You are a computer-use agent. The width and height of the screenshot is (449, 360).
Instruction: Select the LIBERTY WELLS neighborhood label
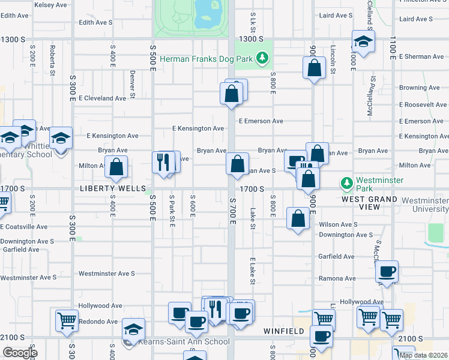[107, 188]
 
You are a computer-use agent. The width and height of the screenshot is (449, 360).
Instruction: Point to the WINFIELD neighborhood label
[284, 331]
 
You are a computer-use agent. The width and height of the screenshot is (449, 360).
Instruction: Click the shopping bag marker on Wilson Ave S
[298, 218]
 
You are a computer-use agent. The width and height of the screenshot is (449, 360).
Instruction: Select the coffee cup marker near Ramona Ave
[388, 271]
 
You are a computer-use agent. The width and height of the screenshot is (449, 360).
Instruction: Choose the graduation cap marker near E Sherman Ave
[363, 41]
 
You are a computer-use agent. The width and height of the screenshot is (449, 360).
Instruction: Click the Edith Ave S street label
[96, 22]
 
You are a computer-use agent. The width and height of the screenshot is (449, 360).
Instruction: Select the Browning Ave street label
[421, 88]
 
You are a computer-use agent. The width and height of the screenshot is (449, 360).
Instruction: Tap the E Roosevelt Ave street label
[423, 104]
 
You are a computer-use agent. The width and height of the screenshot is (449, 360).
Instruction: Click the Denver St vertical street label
[132, 84]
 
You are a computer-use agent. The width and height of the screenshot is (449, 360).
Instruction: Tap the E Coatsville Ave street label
[24, 227]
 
